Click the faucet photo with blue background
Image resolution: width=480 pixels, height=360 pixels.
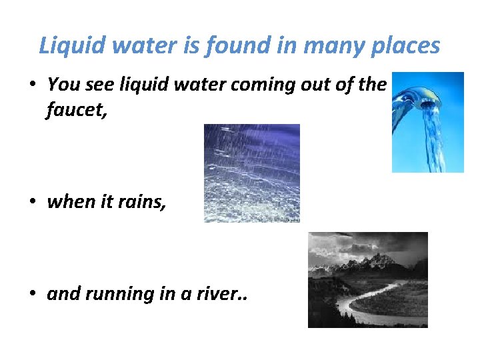pyautogui.click(x=427, y=122)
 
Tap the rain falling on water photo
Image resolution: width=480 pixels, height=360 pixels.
pyautogui.click(x=251, y=173)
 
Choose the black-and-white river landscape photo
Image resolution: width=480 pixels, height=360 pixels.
pyautogui.click(x=367, y=279)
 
